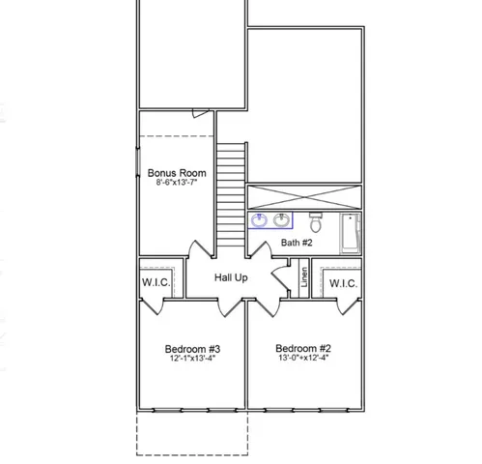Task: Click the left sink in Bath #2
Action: pos(260,220)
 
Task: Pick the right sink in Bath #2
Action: pos(281,219)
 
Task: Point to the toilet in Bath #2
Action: pos(313,220)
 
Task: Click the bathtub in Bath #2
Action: pos(350,232)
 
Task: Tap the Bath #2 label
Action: pos(296,243)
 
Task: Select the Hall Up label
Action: pos(231,277)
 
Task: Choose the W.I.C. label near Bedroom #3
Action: pos(157,284)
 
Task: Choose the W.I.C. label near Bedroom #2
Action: pos(343,284)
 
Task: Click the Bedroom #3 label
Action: pos(192,349)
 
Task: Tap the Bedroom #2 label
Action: pos(303,348)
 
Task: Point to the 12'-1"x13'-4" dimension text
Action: pos(192,359)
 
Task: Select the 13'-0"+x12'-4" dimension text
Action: pos(303,359)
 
